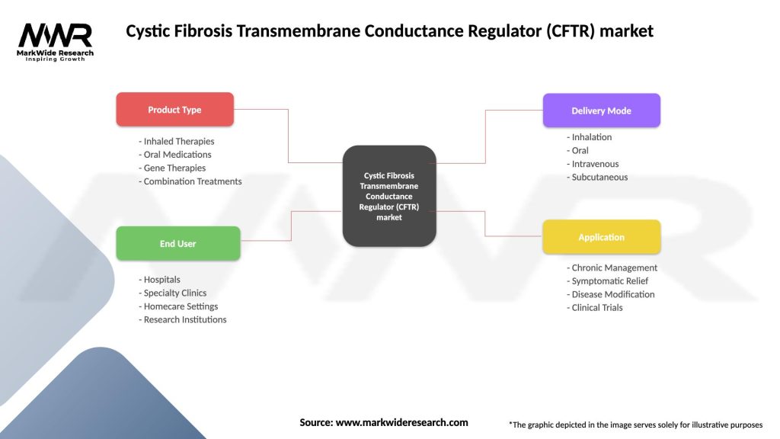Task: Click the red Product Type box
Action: (x=174, y=110)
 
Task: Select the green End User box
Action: (x=177, y=244)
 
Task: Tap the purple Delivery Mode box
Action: (x=601, y=111)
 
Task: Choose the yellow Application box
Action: (x=601, y=237)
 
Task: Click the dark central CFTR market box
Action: (x=389, y=196)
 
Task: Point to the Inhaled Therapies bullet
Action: (x=177, y=141)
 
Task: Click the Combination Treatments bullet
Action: (x=190, y=181)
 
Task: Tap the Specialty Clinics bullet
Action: (x=173, y=293)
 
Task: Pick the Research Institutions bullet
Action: (x=183, y=319)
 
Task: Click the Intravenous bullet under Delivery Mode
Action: (x=593, y=164)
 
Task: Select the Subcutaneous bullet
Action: (x=598, y=177)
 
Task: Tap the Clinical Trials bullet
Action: (x=595, y=307)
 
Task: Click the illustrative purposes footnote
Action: (x=635, y=425)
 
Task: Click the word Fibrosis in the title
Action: (x=194, y=31)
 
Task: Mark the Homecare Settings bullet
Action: (x=179, y=306)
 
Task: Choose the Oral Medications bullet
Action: (x=175, y=155)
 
